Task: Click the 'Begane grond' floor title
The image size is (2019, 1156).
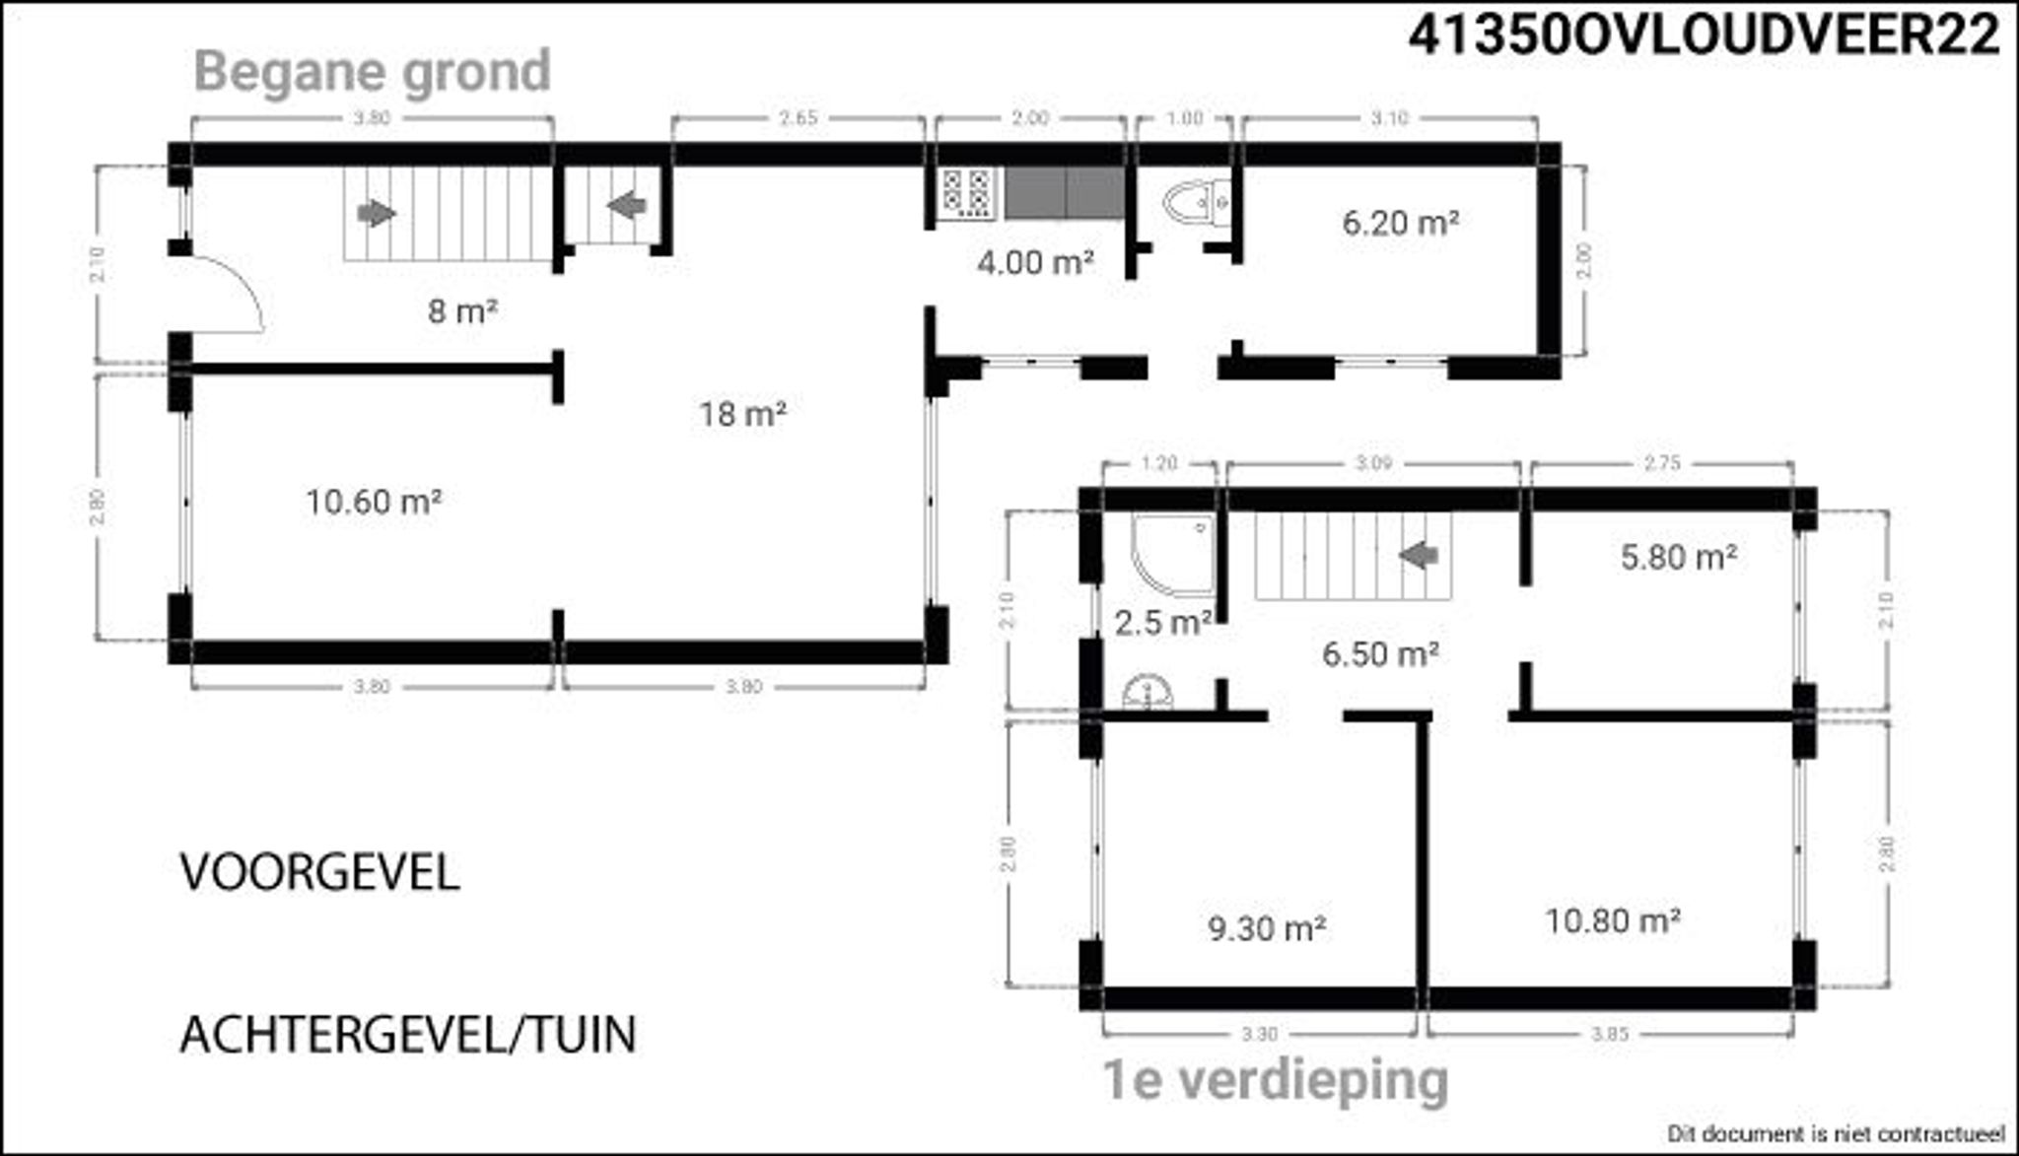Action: click(x=372, y=72)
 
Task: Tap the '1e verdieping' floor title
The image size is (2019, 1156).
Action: click(x=1275, y=1080)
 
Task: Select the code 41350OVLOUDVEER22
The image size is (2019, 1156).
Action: click(x=1704, y=36)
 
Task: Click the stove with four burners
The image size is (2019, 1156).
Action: click(x=965, y=193)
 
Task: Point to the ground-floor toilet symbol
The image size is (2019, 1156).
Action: click(x=1195, y=204)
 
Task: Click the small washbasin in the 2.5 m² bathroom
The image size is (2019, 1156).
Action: click(x=1148, y=692)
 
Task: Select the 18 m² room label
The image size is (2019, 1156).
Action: click(x=743, y=414)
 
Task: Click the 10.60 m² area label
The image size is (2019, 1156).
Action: click(x=373, y=502)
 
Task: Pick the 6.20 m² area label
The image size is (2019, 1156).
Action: click(x=1400, y=223)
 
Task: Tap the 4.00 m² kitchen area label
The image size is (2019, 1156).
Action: click(x=1035, y=262)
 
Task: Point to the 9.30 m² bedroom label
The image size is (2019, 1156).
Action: click(x=1266, y=927)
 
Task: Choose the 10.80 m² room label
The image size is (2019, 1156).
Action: click(x=1611, y=920)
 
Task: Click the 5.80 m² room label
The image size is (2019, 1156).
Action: click(x=1678, y=558)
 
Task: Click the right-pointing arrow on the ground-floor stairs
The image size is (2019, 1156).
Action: click(x=377, y=213)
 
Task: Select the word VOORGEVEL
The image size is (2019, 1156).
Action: click(x=319, y=873)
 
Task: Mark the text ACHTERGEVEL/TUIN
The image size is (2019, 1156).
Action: click(x=407, y=1035)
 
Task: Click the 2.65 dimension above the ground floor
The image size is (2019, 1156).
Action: click(x=798, y=118)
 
